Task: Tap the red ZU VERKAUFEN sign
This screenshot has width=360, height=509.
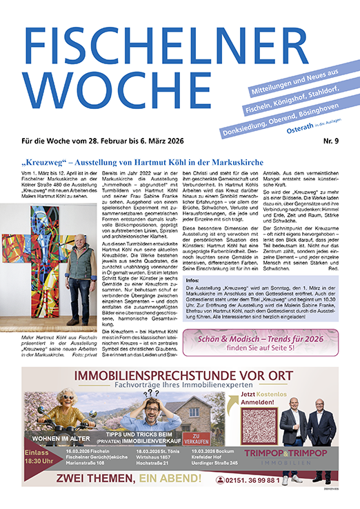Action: [199, 437]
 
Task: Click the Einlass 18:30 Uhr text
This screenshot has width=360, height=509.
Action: [42, 457]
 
